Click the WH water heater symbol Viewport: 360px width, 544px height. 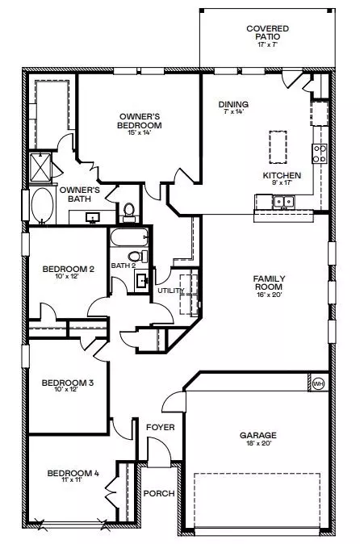tap(318, 383)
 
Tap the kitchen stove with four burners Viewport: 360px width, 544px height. tap(319, 153)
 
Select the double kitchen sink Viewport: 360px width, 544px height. tap(283, 202)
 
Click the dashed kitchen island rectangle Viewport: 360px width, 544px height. tap(278, 147)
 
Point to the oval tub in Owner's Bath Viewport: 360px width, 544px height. tap(42, 205)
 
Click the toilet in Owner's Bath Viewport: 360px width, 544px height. tap(129, 212)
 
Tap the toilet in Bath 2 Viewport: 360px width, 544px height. tap(138, 257)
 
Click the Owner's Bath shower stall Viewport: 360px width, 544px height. tap(40, 167)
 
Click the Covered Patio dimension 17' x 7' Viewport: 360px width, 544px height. tap(268, 44)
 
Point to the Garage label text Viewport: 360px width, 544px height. tap(258, 435)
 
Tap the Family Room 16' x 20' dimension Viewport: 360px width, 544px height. tap(269, 295)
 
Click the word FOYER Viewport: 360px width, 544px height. tap(161, 427)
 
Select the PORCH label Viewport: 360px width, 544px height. tap(159, 493)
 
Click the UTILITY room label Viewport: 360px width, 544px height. tap(170, 291)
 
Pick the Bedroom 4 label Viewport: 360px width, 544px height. tap(73, 473)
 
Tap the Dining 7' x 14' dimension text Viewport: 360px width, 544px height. tap(233, 111)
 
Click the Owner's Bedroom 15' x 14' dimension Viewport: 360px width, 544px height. tap(140, 132)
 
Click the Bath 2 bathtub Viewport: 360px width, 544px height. tap(130, 237)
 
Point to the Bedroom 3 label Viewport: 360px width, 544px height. tap(68, 383)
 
